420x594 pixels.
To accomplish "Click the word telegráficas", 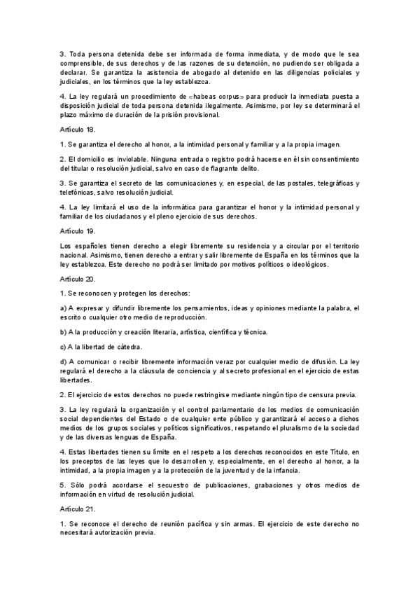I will coord(321,184).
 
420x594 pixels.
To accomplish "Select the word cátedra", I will coord(127,346).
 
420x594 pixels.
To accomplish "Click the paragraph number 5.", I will coord(62,485).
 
